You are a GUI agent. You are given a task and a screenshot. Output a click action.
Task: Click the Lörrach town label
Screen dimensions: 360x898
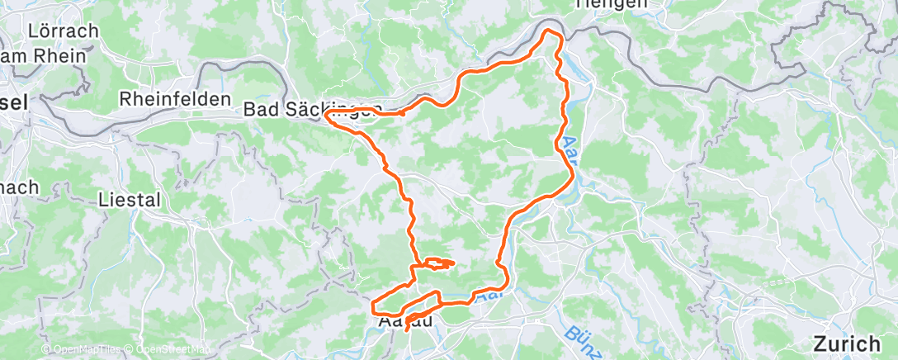[63, 31]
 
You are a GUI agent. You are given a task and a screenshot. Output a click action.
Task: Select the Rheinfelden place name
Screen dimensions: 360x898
[174, 98]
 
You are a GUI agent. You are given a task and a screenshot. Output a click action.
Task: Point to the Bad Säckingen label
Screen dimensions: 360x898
[312, 110]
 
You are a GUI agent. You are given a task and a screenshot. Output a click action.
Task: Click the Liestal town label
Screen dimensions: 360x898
[128, 199]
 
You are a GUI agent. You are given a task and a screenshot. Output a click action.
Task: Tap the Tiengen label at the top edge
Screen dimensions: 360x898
[612, 5]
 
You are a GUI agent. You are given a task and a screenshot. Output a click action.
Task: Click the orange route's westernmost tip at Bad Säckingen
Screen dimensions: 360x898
[328, 116]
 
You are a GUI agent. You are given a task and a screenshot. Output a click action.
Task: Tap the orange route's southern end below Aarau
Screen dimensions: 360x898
[406, 330]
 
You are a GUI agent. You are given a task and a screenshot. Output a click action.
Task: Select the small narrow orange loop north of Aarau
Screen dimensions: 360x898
[437, 263]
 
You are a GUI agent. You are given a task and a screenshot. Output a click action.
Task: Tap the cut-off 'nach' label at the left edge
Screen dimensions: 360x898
[18, 187]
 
